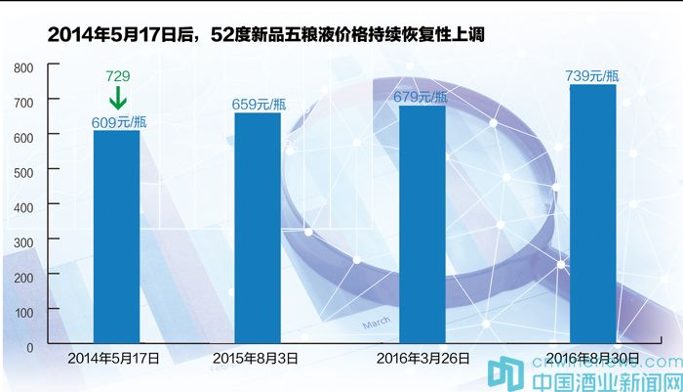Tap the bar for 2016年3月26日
coord(422,224)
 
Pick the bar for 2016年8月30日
coord(592,214)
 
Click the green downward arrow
coord(117,98)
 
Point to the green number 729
coord(117,76)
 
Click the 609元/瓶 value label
coord(118,122)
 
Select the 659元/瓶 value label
coord(259,104)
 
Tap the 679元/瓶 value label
coord(421,96)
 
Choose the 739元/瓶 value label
coord(592,75)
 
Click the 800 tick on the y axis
coord(24,67)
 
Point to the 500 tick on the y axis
coord(24,172)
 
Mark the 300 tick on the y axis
coord(24,241)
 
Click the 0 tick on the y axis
coord(30,346)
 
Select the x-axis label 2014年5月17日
coord(114,359)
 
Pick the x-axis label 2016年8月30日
coord(592,359)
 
